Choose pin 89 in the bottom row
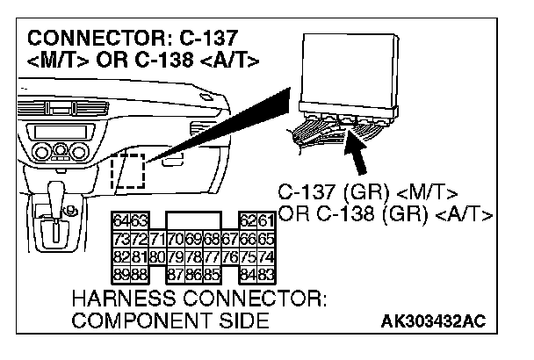(x=118, y=274)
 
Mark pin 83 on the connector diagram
(x=265, y=274)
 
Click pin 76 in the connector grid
(x=230, y=256)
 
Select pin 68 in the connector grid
(x=211, y=237)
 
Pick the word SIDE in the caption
(x=243, y=321)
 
